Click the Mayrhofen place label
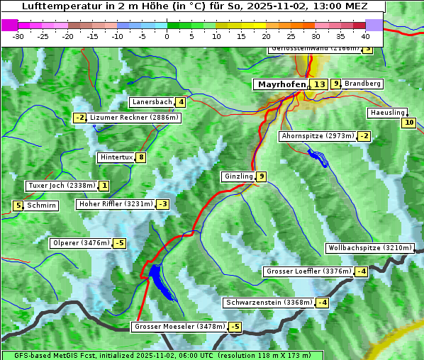281,84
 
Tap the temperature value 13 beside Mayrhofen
319,84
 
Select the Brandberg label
362,84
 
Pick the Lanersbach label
152,102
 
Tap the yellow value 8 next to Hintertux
141,157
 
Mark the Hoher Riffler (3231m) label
115,204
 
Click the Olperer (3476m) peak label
81,243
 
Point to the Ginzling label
238,176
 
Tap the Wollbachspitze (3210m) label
369,248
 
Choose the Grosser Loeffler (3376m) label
308,271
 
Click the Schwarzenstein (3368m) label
268,303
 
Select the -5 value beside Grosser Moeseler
235,327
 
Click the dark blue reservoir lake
159,278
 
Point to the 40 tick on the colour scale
365,36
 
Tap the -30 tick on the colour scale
18,36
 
